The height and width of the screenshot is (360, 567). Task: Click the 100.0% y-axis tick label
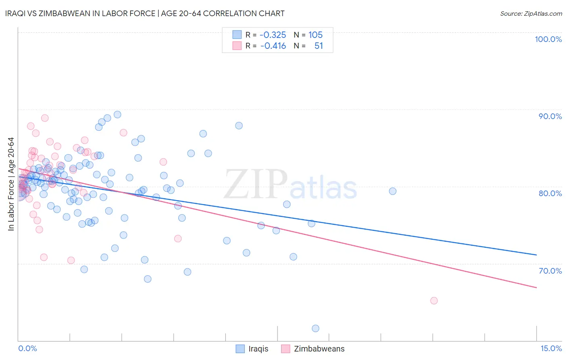(548, 39)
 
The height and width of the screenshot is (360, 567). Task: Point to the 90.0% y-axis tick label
(550, 116)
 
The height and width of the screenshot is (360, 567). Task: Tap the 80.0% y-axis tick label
(550, 193)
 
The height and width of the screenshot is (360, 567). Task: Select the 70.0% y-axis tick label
(550, 270)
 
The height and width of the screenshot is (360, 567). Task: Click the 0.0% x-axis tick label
(27, 348)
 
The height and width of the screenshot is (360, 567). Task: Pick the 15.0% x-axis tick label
(551, 348)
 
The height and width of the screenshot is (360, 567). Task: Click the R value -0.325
(273, 35)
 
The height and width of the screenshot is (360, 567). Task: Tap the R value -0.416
(273, 46)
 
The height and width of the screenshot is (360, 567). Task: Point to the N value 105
(316, 35)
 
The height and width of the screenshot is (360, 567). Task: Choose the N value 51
(319, 46)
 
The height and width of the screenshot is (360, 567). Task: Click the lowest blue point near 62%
(315, 329)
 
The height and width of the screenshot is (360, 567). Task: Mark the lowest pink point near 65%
(434, 301)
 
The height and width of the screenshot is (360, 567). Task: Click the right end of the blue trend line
(536, 255)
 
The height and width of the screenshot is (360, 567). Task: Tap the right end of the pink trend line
(536, 287)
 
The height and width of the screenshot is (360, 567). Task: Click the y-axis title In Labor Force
(11, 184)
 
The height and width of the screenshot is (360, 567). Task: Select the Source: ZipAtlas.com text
(531, 14)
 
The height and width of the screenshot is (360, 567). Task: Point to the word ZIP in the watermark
(255, 184)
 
